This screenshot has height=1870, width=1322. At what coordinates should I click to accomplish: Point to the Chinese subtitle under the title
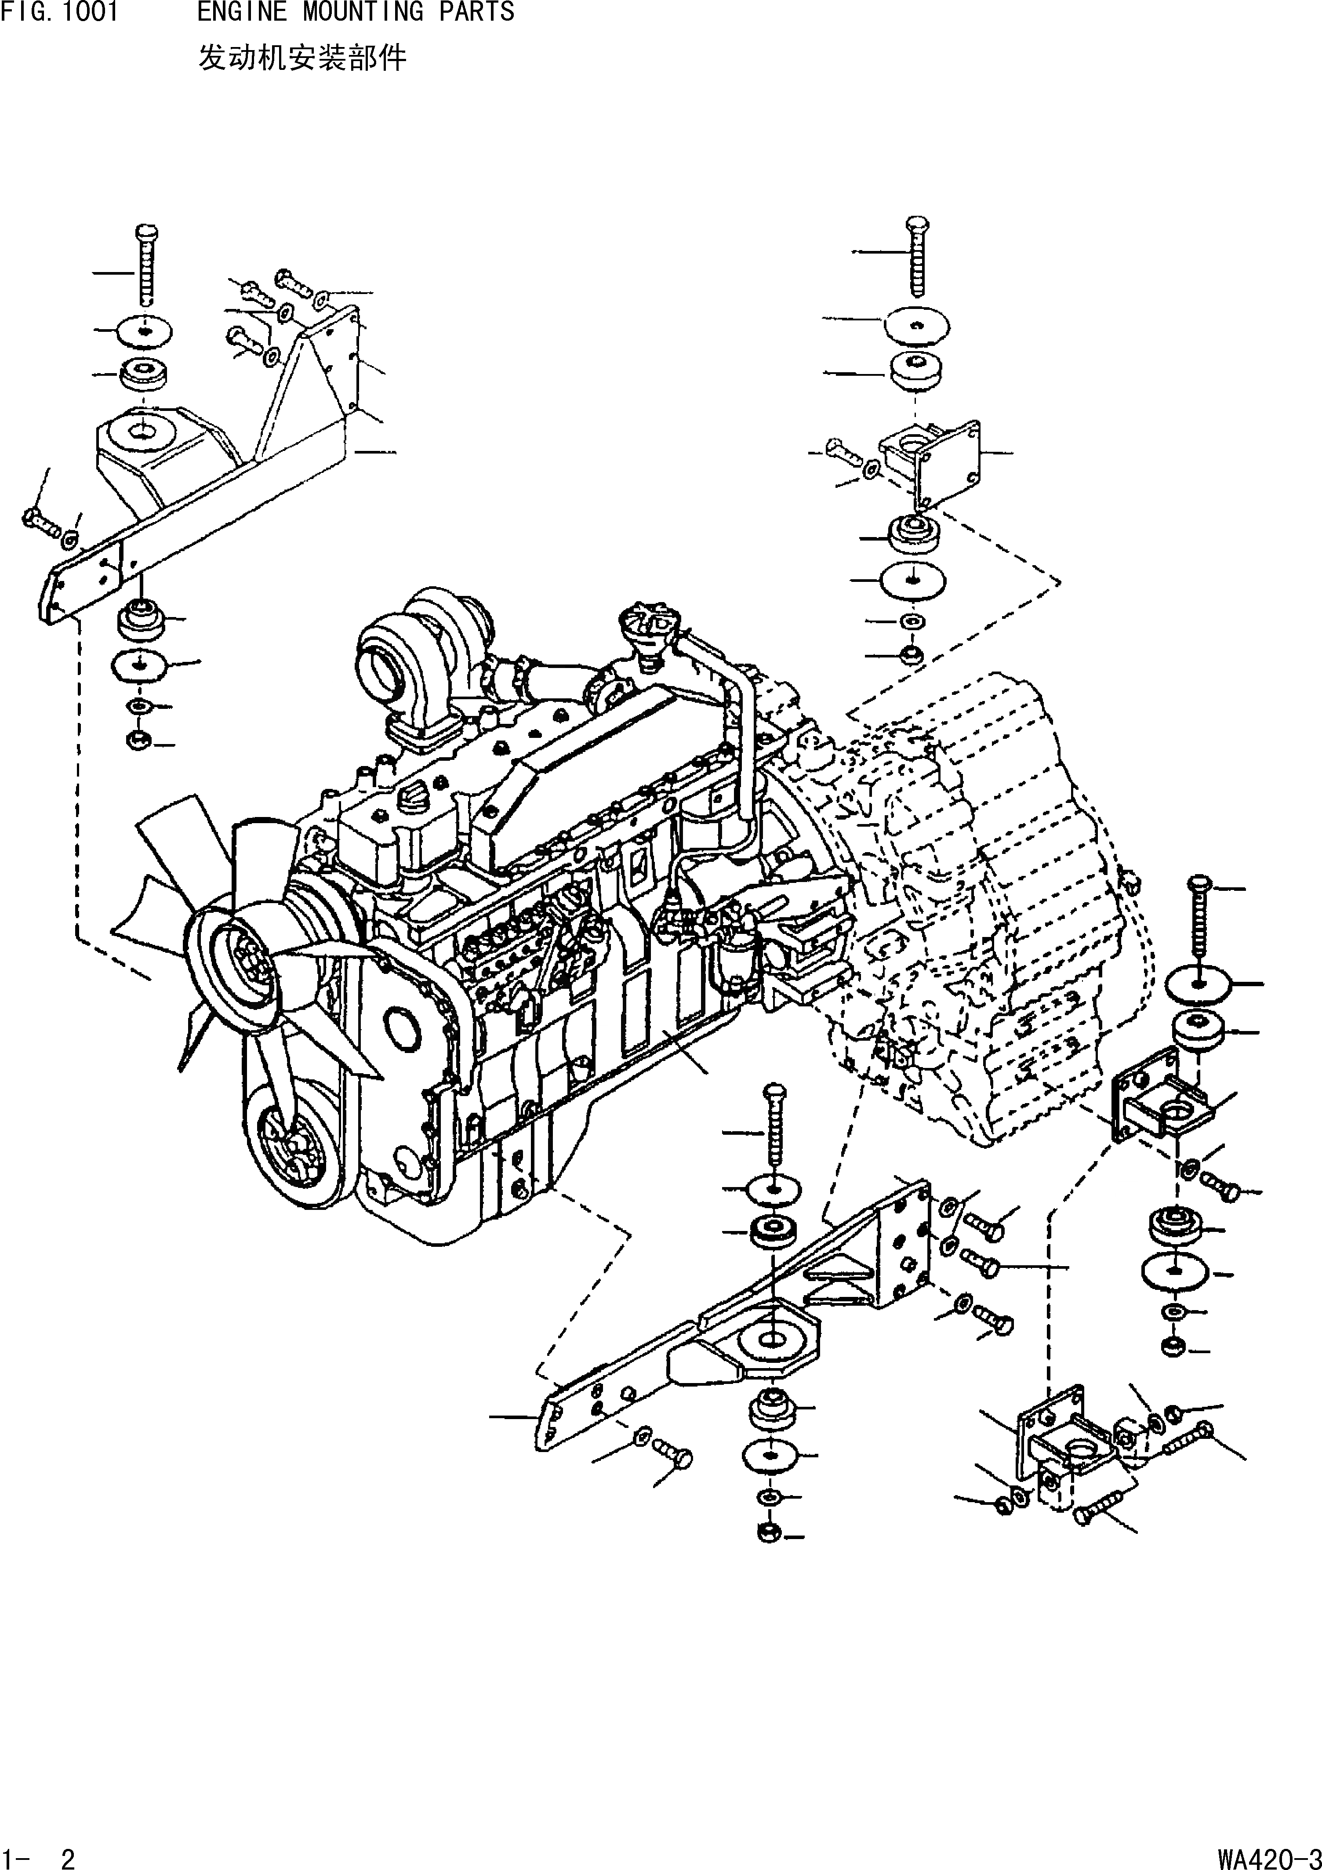(x=301, y=58)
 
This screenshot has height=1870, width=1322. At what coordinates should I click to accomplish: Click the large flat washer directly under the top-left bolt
(x=144, y=330)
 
